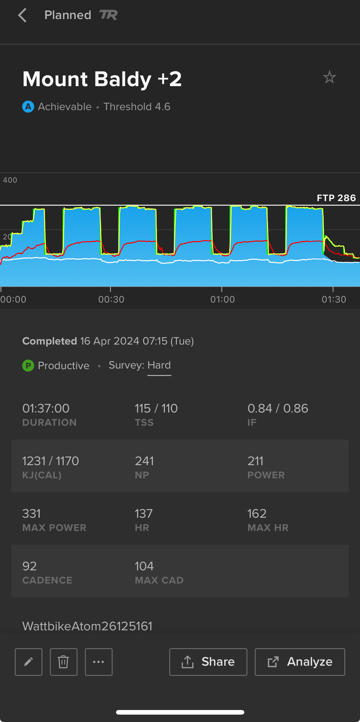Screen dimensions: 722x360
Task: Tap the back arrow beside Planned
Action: [x=22, y=15]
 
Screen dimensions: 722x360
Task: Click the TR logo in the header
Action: [x=108, y=15]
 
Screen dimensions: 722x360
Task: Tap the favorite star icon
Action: [x=329, y=77]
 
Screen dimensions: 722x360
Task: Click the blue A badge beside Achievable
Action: [x=28, y=107]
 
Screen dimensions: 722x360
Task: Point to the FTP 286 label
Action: [x=336, y=198]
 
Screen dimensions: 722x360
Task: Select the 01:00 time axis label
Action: [x=222, y=299]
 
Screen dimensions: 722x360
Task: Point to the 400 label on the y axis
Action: [x=10, y=180]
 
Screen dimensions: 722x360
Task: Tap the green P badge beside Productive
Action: [x=28, y=365]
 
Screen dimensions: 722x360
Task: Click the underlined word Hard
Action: [x=159, y=365]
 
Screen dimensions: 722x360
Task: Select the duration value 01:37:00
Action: [x=46, y=409]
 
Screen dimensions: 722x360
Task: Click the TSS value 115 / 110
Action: [x=156, y=409]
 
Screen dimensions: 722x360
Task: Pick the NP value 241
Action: [x=144, y=461]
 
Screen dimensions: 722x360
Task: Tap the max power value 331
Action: [x=31, y=514]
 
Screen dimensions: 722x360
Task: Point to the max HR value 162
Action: [x=257, y=514]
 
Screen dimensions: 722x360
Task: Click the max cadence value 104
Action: [x=144, y=566]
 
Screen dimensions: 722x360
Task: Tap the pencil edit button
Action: [x=29, y=662]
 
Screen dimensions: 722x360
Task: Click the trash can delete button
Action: [x=64, y=662]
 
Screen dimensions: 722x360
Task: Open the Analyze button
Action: [x=300, y=662]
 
